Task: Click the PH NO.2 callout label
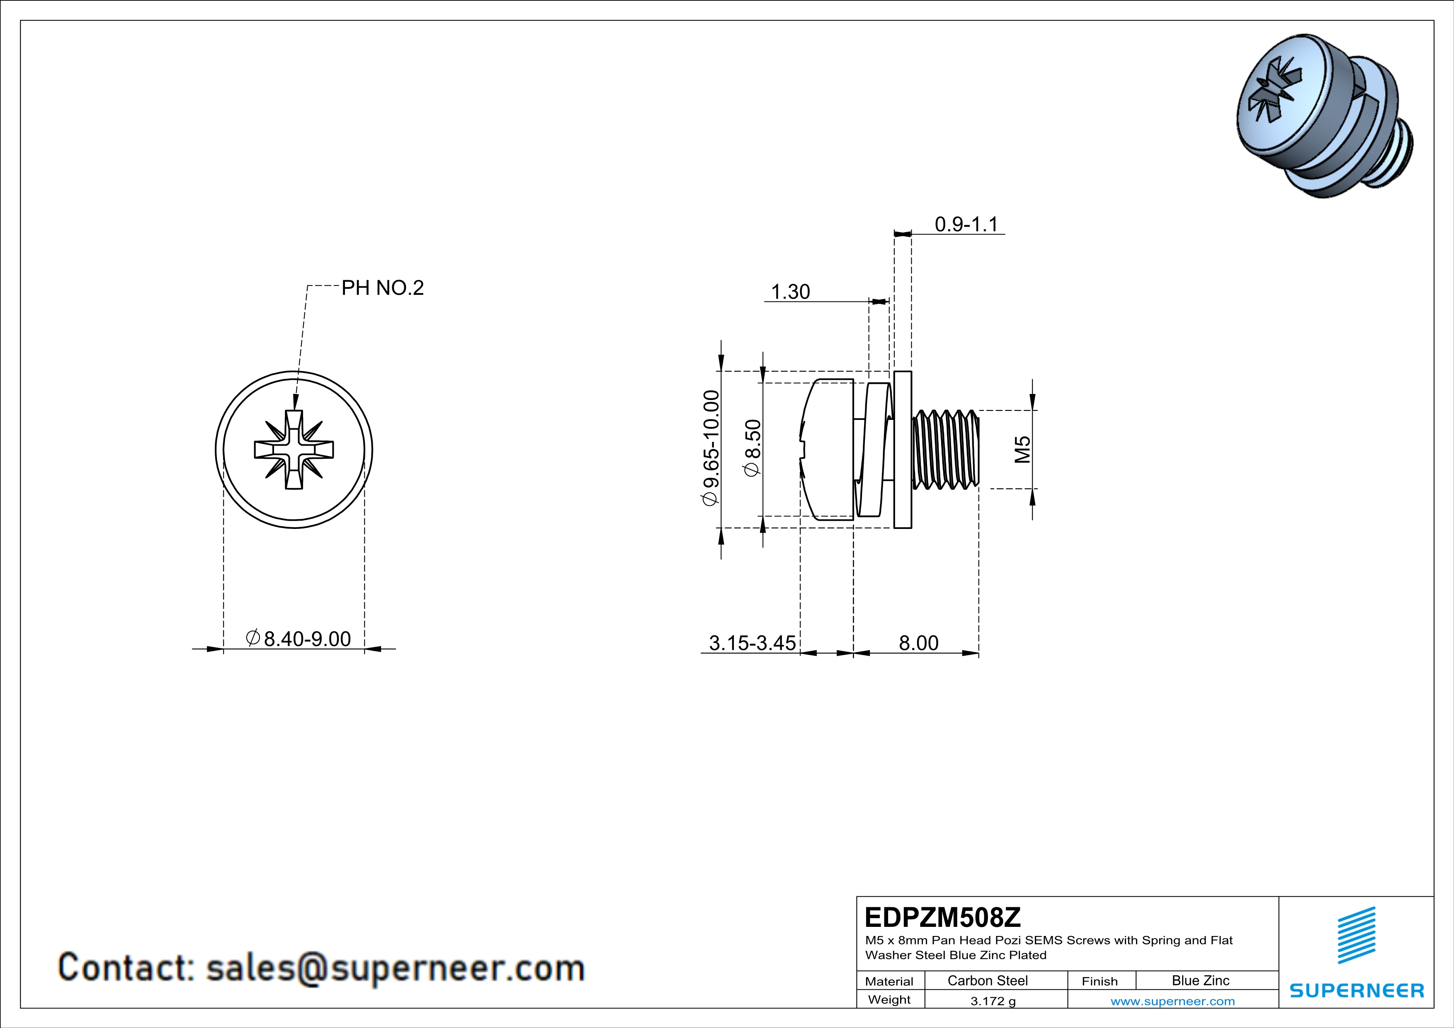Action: [383, 288]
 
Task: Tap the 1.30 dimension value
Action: [790, 292]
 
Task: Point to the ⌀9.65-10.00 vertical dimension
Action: [711, 448]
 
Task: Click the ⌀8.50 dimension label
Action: [752, 448]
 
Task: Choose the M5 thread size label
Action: [1022, 449]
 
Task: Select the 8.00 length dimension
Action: [918, 643]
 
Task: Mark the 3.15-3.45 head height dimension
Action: [752, 643]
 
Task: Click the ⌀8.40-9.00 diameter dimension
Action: [298, 639]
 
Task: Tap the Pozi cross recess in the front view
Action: [294, 449]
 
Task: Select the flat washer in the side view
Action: [903, 449]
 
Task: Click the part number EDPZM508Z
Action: [942, 917]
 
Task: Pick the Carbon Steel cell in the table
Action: [987, 980]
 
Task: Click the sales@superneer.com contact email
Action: [395, 968]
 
